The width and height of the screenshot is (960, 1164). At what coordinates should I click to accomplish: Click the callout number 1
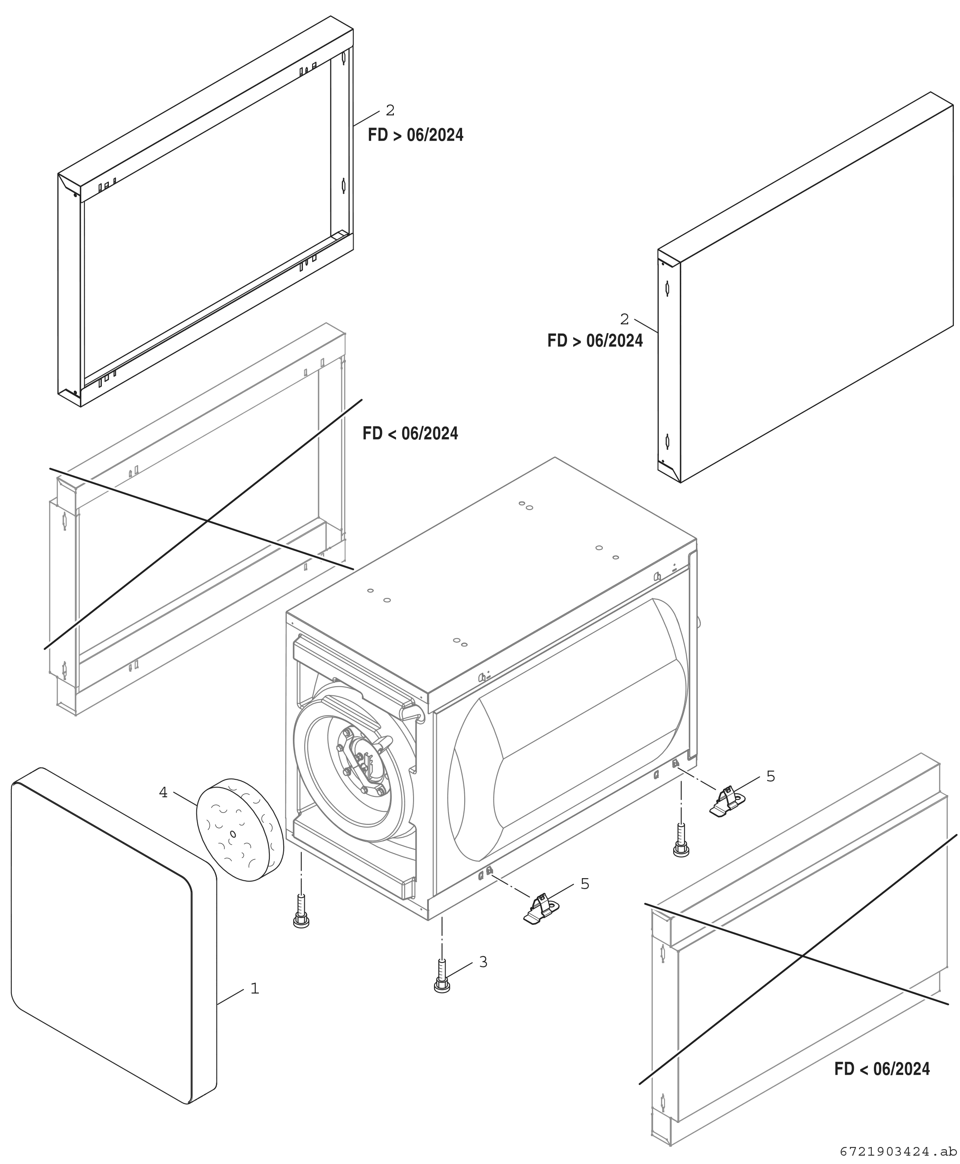255,988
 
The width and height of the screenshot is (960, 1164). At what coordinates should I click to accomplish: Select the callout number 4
163,792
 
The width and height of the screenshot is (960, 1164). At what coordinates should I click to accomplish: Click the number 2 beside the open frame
390,111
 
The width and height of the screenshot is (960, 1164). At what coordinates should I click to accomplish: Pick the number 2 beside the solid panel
625,319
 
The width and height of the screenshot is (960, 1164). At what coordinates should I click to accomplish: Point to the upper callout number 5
771,776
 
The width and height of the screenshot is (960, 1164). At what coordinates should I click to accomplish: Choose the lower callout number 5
585,884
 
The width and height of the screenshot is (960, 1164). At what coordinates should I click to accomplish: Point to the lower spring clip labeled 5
541,910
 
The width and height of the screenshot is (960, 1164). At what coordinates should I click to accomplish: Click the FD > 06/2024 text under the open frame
416,135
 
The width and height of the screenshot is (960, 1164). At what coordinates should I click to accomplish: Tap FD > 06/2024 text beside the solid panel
595,341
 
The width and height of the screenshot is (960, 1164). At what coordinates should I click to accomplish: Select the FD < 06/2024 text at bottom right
882,1069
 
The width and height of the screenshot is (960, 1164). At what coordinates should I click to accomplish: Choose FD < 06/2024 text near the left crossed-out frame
410,433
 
